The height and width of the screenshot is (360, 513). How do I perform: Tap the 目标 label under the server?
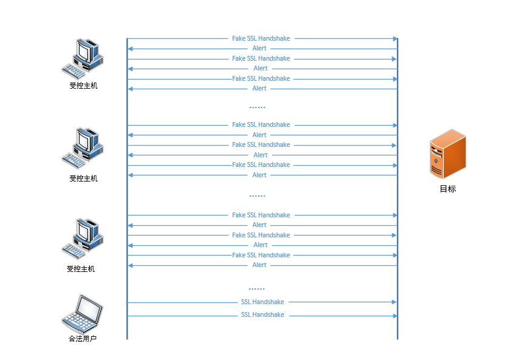click(x=447, y=189)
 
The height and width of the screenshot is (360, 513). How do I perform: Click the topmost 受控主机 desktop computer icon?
click(x=83, y=57)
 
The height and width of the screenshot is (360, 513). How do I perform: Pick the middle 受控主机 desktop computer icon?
click(x=83, y=148)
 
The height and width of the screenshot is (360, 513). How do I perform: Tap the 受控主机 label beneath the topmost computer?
click(x=83, y=86)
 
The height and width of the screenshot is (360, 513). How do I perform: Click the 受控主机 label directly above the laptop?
click(x=81, y=269)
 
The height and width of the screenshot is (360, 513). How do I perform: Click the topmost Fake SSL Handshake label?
click(x=261, y=38)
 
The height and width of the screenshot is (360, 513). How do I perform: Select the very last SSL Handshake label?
click(x=262, y=315)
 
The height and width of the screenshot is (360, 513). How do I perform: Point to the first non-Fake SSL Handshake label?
click(x=262, y=302)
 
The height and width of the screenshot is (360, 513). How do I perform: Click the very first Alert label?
click(x=259, y=49)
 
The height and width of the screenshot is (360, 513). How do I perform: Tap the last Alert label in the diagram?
click(x=259, y=265)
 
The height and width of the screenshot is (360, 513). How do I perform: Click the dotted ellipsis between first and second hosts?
click(x=257, y=107)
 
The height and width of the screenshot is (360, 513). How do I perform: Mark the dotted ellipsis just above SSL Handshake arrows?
click(x=257, y=289)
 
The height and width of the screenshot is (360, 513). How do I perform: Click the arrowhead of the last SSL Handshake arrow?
click(x=395, y=316)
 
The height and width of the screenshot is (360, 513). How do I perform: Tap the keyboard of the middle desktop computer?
click(x=74, y=160)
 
